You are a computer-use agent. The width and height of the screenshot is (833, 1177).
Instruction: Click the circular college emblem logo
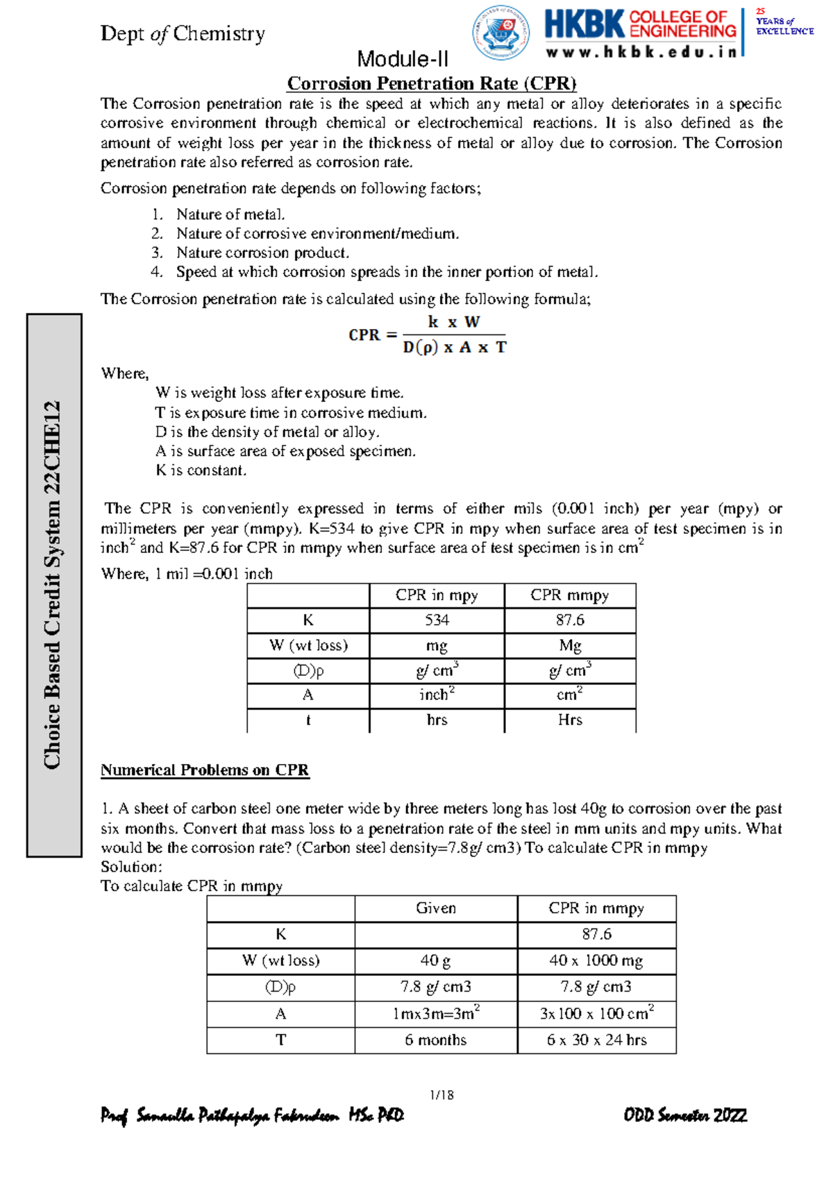[500, 33]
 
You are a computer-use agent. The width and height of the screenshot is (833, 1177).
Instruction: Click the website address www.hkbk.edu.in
[641, 52]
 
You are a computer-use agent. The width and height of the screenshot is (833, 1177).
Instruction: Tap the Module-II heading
[403, 59]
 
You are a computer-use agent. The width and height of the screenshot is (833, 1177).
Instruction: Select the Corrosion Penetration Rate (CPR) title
[432, 83]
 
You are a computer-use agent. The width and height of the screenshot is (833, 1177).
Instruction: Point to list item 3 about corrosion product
[262, 253]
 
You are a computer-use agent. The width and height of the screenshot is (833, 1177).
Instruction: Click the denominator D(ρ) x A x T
[455, 347]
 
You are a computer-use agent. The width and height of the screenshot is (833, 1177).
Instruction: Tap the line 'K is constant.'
[201, 471]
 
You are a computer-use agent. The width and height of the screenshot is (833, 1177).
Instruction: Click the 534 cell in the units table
[437, 620]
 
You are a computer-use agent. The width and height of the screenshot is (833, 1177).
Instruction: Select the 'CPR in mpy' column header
[437, 595]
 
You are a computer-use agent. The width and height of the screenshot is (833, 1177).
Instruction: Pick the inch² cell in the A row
[437, 695]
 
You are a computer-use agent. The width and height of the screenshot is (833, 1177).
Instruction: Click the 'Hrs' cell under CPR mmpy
[570, 720]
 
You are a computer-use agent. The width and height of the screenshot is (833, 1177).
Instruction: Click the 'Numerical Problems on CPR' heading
[205, 770]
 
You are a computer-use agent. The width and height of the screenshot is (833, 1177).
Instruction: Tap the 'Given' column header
[436, 908]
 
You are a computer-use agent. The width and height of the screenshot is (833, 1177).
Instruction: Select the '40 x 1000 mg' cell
[596, 960]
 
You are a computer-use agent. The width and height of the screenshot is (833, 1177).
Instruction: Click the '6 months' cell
[436, 1040]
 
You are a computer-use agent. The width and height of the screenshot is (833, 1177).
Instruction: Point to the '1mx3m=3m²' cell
[436, 1014]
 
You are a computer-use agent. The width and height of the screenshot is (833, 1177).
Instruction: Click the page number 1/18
[441, 1095]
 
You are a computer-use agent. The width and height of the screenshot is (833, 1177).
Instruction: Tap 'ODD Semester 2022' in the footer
[685, 1115]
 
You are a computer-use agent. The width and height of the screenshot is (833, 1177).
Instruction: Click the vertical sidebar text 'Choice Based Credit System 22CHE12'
[53, 584]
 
